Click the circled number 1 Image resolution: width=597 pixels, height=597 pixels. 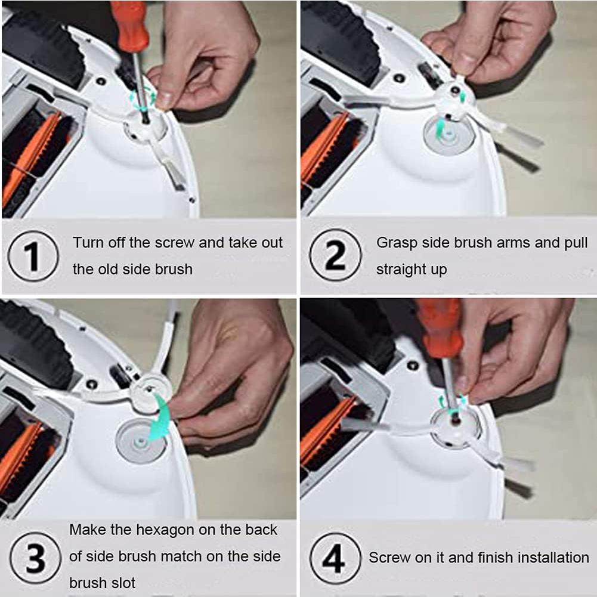tap(33, 256)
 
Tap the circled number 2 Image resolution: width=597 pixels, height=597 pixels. tap(335, 255)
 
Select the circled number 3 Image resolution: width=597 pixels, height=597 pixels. tap(35, 558)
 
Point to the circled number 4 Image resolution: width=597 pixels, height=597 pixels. tap(335, 558)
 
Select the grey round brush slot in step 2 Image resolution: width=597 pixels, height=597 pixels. tap(449, 135)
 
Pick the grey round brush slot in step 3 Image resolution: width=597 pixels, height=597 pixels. tap(141, 442)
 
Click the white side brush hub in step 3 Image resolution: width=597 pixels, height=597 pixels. tap(151, 393)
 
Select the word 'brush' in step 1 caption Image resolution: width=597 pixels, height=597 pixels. tap(174, 270)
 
